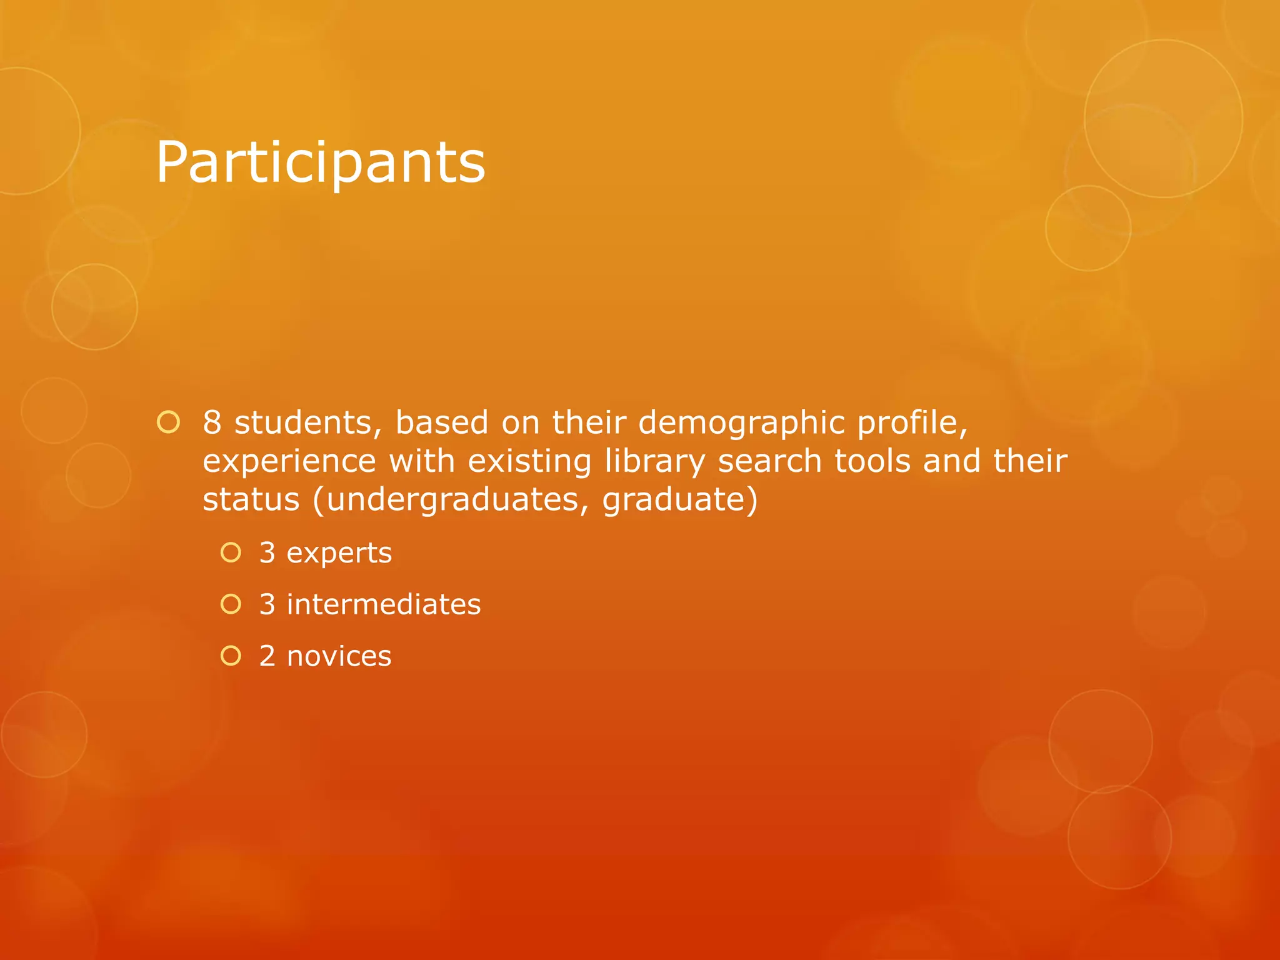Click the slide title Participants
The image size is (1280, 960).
[x=320, y=162]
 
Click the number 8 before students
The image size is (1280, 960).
[x=212, y=422]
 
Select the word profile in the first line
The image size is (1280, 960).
[x=912, y=424]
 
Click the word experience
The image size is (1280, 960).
[x=289, y=462]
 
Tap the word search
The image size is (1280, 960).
[x=769, y=461]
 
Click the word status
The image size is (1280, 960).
[x=251, y=499]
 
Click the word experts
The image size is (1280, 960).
[x=339, y=553]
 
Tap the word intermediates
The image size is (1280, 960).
[x=384, y=604]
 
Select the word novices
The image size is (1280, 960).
[x=339, y=656]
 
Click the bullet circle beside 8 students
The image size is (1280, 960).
[x=169, y=423]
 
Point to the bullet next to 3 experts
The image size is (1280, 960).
[x=231, y=552]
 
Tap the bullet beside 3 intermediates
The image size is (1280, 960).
[x=231, y=604]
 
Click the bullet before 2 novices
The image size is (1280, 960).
[x=231, y=656]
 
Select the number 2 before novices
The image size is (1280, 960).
[x=267, y=656]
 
